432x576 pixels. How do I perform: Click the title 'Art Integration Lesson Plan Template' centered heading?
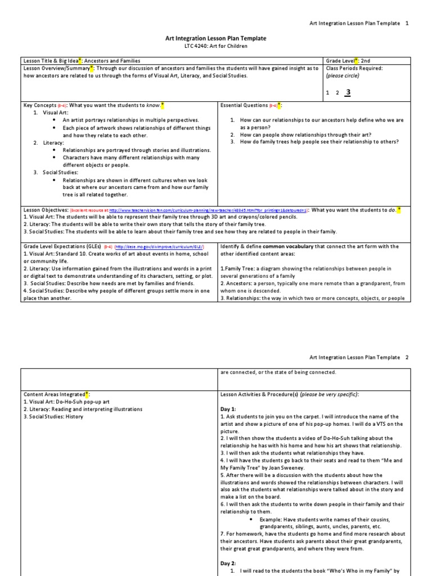215,38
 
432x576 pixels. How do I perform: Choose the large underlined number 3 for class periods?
348,92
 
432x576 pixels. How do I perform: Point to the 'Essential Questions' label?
244,105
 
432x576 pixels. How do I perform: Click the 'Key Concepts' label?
39,105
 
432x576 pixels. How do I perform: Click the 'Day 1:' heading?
228,408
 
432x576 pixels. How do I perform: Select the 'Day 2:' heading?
228,562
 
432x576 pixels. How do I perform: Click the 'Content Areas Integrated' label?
54,394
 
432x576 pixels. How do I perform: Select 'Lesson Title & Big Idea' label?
50,60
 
